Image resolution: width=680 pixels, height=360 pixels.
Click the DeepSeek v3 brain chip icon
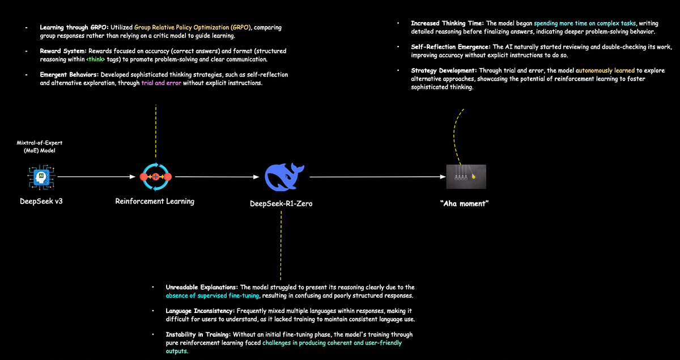click(40, 177)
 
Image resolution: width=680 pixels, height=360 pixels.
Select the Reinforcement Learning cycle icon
click(155, 177)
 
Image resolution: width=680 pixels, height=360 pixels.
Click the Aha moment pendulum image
click(466, 177)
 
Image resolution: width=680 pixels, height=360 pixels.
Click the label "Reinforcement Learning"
click(155, 201)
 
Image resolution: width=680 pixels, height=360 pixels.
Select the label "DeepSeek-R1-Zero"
click(281, 204)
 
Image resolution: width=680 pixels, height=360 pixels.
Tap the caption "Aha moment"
click(464, 204)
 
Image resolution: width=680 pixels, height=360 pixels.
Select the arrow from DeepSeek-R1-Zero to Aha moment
click(377, 177)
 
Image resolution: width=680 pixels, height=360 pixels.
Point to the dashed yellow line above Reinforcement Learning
click(155, 130)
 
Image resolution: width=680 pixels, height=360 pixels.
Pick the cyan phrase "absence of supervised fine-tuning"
click(212, 295)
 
